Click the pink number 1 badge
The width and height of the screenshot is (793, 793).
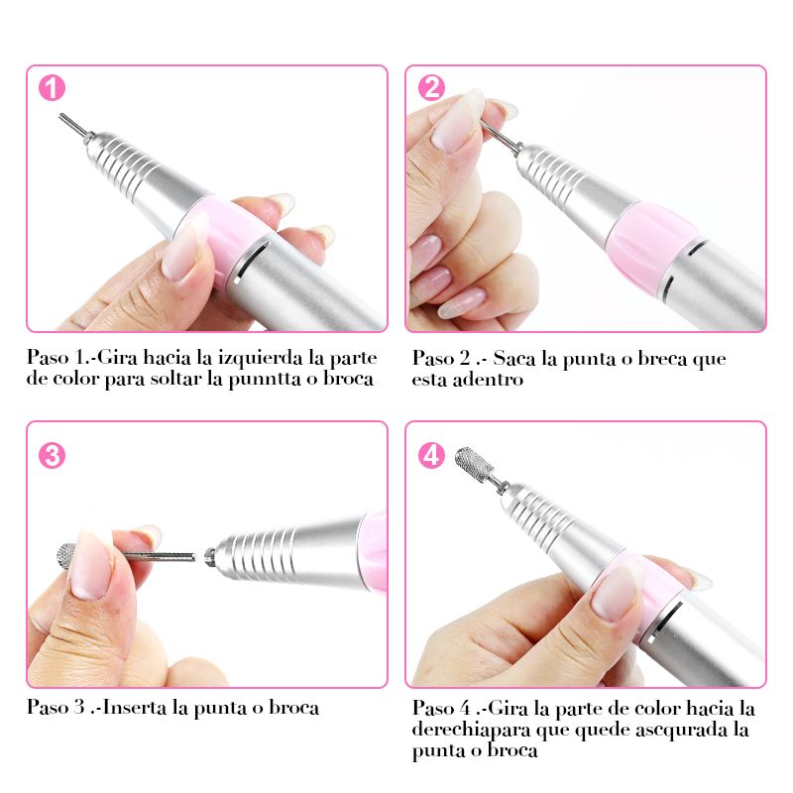click(x=52, y=88)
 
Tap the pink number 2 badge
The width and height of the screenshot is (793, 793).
click(x=431, y=88)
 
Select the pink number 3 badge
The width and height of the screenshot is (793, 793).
click(x=52, y=456)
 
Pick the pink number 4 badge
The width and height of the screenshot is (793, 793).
click(x=431, y=456)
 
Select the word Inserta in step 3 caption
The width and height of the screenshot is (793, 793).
click(x=135, y=707)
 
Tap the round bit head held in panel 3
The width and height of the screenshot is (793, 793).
click(x=65, y=556)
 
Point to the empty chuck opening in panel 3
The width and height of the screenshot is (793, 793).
click(x=208, y=556)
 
